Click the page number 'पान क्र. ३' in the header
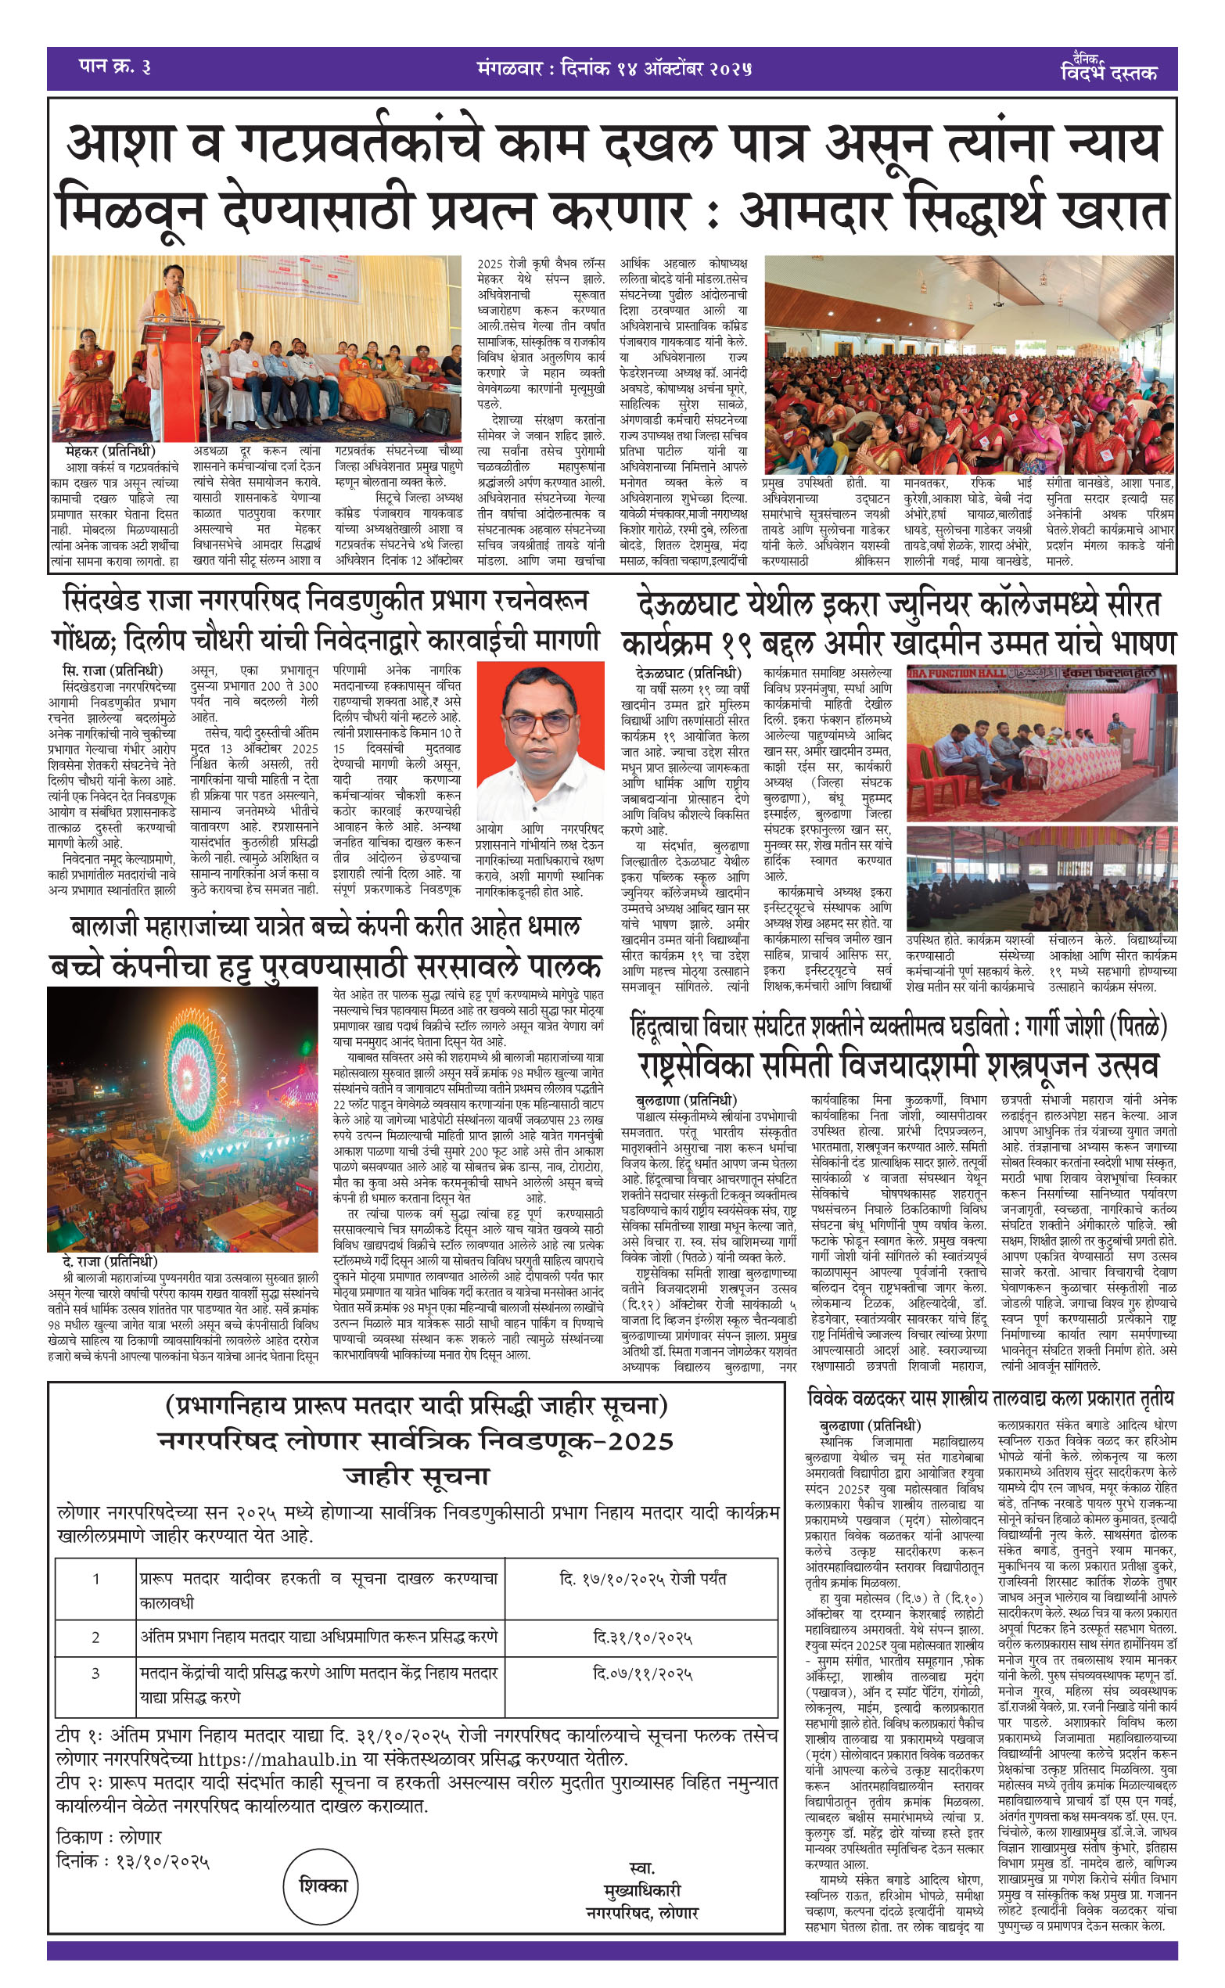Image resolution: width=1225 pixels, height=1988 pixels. coord(114,67)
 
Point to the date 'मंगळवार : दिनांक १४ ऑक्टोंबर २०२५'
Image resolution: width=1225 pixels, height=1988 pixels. coord(614,69)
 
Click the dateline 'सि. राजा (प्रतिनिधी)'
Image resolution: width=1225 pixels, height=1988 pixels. coord(113,670)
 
